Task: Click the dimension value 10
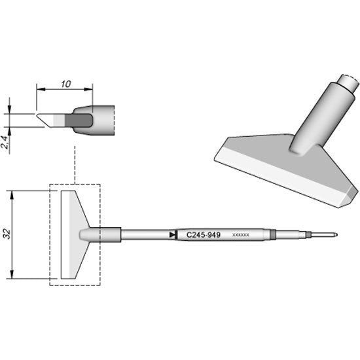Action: (63, 84)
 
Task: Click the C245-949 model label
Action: (202, 234)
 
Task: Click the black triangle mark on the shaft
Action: (172, 234)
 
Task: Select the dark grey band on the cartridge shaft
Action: (271, 234)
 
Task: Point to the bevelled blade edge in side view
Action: (47, 120)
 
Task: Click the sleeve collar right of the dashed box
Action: (111, 234)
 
